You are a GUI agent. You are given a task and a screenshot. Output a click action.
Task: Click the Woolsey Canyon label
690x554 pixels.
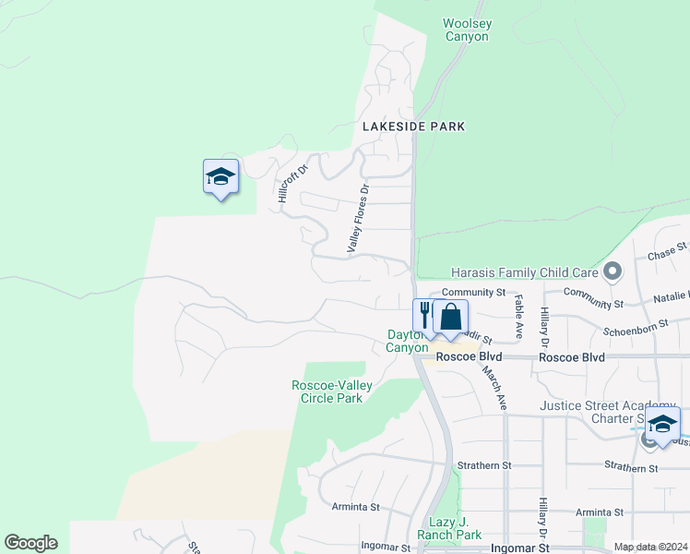click(x=466, y=30)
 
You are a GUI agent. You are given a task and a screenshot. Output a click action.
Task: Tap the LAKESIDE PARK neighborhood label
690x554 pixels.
click(x=413, y=126)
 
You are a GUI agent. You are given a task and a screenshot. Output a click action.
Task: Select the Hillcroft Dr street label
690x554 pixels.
click(x=284, y=180)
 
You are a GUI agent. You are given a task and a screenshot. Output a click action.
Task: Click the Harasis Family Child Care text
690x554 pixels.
click(x=524, y=272)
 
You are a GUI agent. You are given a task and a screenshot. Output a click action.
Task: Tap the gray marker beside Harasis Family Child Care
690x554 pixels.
click(x=611, y=271)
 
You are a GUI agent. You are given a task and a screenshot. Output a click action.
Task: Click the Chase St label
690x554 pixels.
click(x=668, y=251)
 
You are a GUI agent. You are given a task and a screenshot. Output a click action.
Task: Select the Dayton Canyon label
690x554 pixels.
click(x=407, y=341)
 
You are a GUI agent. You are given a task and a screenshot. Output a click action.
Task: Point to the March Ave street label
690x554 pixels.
click(x=493, y=386)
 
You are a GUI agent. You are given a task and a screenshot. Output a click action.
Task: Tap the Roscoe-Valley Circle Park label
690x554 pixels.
click(x=327, y=391)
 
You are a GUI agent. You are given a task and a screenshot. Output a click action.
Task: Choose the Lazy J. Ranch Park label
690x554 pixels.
click(x=449, y=528)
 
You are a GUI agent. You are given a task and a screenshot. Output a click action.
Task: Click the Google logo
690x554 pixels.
click(x=30, y=543)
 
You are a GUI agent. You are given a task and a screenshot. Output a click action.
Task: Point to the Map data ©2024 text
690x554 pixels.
click(x=649, y=547)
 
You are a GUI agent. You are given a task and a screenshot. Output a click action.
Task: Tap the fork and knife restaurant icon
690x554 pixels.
click(x=424, y=316)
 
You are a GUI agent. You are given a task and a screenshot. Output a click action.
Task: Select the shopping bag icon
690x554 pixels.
click(x=450, y=316)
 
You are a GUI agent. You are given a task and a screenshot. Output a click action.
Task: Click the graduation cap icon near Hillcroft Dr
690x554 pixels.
click(x=220, y=175)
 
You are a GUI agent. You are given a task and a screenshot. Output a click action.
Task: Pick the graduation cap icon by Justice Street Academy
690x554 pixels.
click(x=661, y=423)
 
